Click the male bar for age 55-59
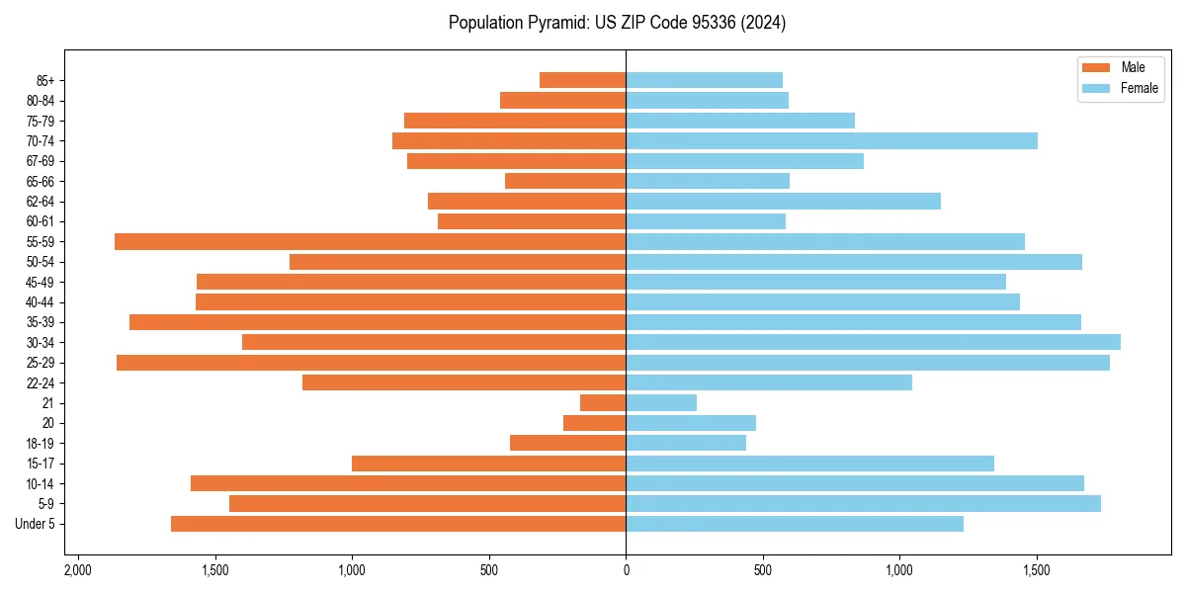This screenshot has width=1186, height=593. point(370,241)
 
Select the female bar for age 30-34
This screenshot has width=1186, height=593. point(873,342)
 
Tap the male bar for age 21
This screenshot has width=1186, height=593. point(603,402)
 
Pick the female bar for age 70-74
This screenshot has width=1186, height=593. point(831,140)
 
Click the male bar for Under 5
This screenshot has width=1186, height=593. point(398,524)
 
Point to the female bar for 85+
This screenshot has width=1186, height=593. point(704,80)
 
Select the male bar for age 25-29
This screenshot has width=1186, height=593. point(371,363)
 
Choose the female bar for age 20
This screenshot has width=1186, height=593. point(691,423)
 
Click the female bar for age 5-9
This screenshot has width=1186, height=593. point(863,503)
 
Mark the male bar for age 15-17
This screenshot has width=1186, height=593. point(488,464)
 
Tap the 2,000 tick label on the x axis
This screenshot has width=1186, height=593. point(78,570)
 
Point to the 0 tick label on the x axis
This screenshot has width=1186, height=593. point(626,570)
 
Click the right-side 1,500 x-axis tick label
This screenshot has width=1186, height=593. point(1036,570)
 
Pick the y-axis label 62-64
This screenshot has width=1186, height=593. point(41,201)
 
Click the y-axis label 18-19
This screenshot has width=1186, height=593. point(41,443)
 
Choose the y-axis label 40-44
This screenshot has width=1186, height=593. point(41,301)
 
